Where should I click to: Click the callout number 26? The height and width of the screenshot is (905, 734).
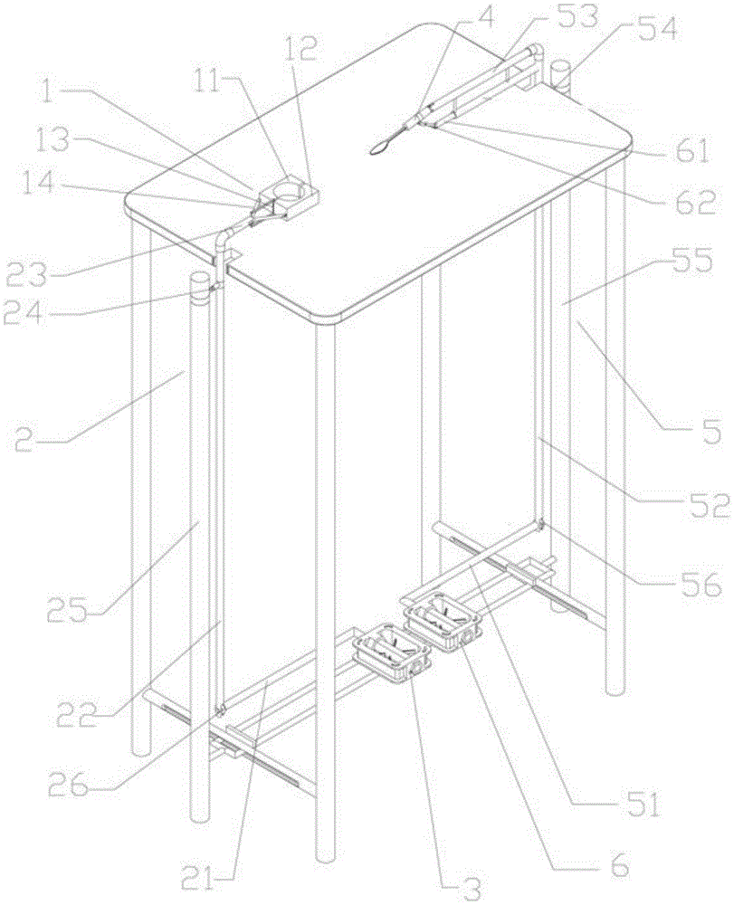pyautogui.click(x=69, y=785)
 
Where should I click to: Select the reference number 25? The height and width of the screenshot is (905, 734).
pyautogui.click(x=68, y=610)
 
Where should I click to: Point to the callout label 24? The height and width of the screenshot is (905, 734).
pyautogui.click(x=24, y=315)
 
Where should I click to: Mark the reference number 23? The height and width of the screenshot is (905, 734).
pyautogui.click(x=27, y=274)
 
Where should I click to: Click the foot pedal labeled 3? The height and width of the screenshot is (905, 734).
pyautogui.click(x=394, y=653)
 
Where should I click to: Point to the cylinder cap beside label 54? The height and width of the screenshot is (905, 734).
pyautogui.click(x=558, y=74)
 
